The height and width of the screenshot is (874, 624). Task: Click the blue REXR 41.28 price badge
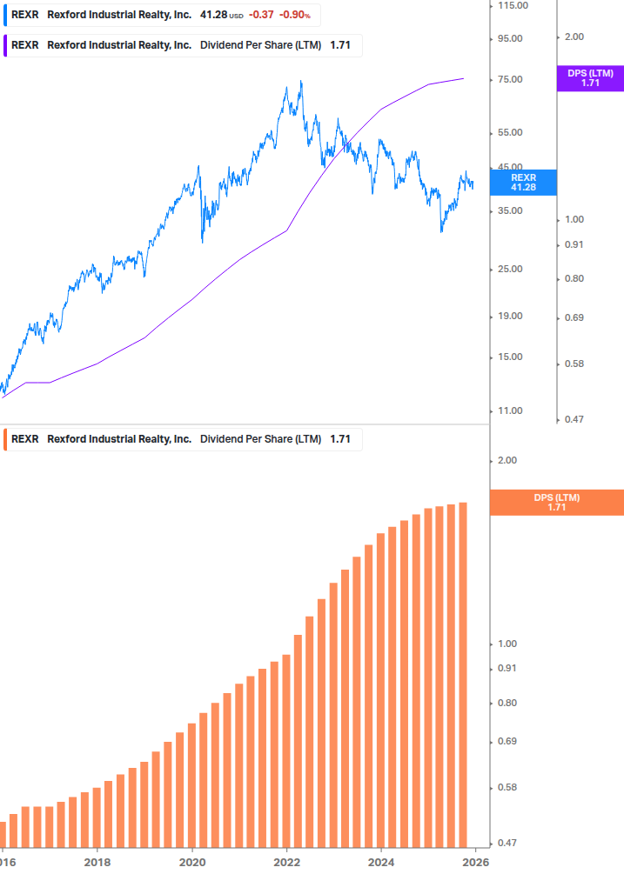[x=522, y=182]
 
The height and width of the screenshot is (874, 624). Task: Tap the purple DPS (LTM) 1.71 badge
[x=590, y=78]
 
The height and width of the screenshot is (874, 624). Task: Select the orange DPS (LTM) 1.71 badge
[x=557, y=502]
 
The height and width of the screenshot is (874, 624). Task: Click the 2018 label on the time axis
[x=97, y=862]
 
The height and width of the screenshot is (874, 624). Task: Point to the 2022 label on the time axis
[x=286, y=862]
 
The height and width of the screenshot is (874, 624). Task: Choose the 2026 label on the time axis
[x=475, y=862]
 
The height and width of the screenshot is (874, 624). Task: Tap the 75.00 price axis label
[x=509, y=80]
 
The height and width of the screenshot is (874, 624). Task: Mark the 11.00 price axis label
[x=509, y=410]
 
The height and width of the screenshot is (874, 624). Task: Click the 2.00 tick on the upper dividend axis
[x=574, y=37]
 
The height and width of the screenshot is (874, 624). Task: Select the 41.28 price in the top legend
[x=214, y=15]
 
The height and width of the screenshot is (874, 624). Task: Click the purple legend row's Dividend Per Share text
[x=261, y=45]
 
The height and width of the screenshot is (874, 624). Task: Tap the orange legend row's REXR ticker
[x=25, y=439]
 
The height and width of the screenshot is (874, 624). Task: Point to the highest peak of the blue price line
[x=301, y=82]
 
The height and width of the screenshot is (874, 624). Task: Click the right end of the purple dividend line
[x=463, y=78]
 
